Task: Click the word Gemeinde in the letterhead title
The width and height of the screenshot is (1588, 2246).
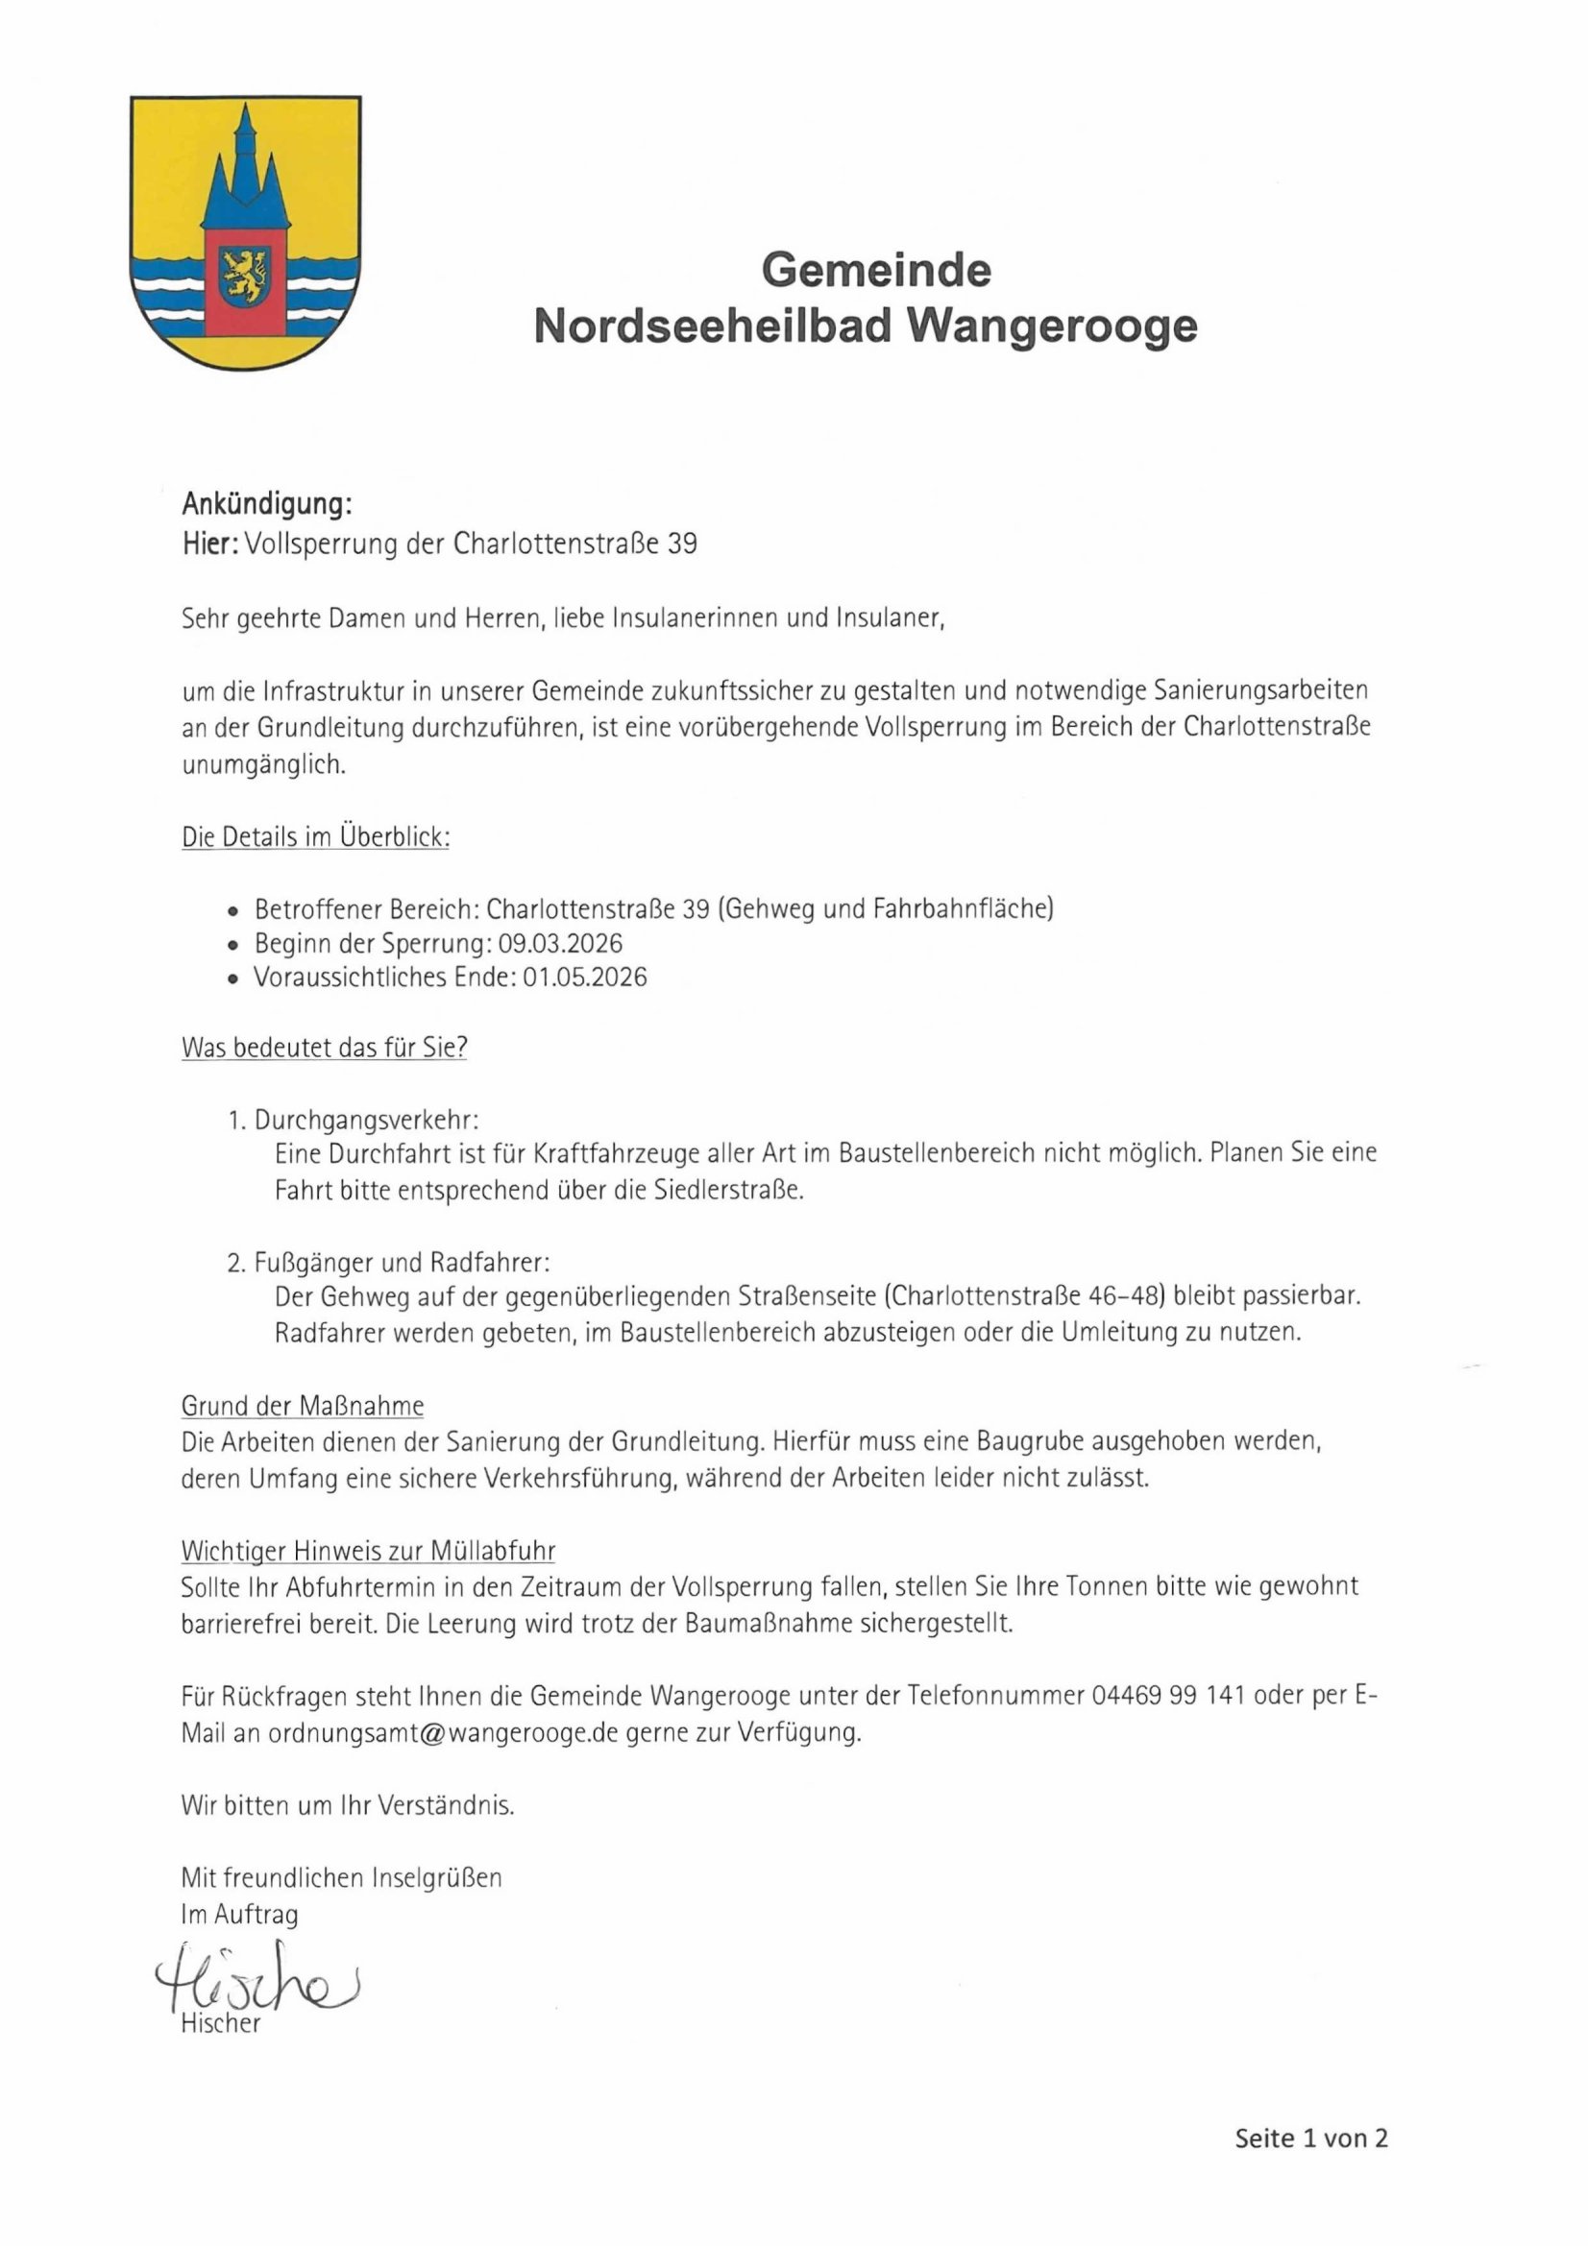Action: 876,269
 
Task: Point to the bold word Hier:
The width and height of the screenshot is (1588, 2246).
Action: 209,543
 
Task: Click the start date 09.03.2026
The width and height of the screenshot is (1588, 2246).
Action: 560,943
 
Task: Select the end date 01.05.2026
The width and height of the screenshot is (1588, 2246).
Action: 584,977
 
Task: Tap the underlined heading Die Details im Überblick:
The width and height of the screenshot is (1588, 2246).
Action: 315,837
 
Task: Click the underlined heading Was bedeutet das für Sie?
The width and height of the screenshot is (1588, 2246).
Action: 324,1048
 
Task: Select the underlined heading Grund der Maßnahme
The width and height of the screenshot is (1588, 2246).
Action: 303,1407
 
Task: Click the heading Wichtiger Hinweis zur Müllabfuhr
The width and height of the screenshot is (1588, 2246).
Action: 368,1552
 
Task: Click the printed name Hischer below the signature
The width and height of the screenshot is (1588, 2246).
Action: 220,2024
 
